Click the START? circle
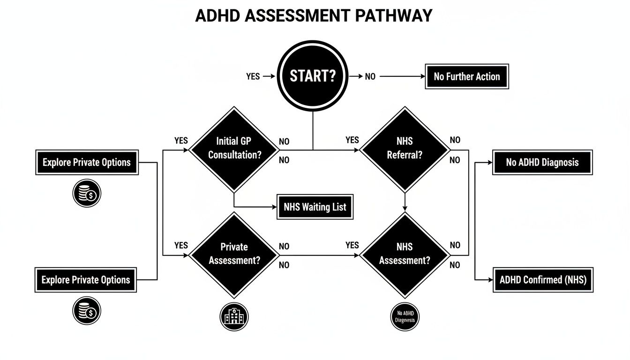[313, 76]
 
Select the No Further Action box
[467, 76]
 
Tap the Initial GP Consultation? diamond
[234, 149]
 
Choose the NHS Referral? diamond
[405, 149]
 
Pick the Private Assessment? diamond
[234, 255]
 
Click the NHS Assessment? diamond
[405, 255]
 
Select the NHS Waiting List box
[315, 207]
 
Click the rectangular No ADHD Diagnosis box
[542, 163]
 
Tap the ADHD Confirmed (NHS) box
[543, 280]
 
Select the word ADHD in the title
[217, 16]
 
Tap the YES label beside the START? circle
[253, 76]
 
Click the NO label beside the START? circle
[370, 76]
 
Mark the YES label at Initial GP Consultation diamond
[181, 140]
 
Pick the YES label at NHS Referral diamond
[352, 140]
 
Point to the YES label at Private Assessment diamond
[181, 245]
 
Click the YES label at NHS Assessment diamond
[352, 245]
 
